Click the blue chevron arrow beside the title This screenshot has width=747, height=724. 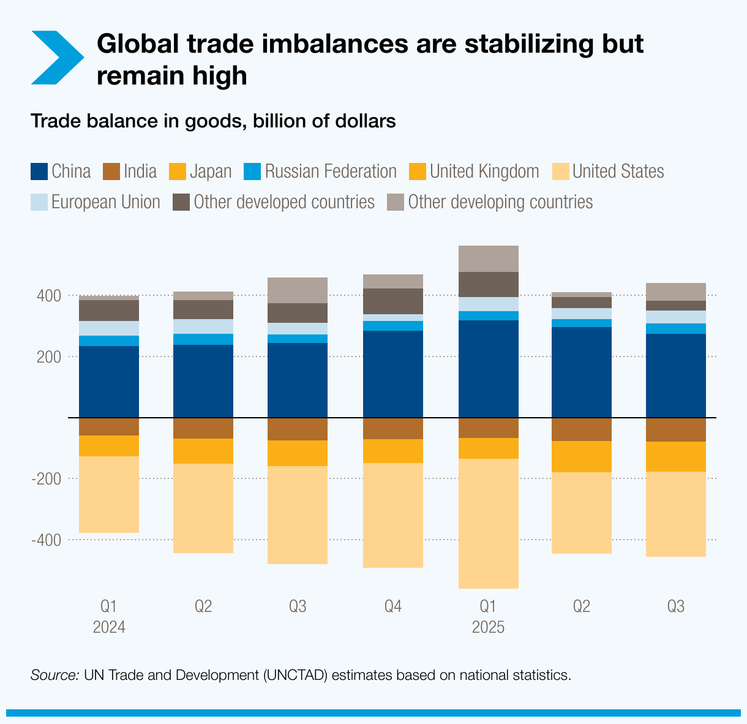[57, 58]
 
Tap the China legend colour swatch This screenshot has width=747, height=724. [39, 172]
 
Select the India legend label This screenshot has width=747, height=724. [140, 172]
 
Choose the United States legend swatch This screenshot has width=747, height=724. [560, 172]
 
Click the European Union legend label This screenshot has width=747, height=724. [105, 202]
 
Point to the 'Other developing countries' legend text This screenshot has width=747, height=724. [500, 202]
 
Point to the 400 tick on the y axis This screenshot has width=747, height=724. [49, 296]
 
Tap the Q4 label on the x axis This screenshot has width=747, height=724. [393, 607]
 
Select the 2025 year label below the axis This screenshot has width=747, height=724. [488, 628]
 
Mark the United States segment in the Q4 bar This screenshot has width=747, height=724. [393, 515]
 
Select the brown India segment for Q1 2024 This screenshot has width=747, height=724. [109, 426]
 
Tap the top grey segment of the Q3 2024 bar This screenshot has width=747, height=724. [298, 290]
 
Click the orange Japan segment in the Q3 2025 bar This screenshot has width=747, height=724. [676, 456]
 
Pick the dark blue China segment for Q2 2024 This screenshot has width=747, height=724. [203, 381]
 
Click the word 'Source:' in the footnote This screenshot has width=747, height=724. [54, 676]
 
